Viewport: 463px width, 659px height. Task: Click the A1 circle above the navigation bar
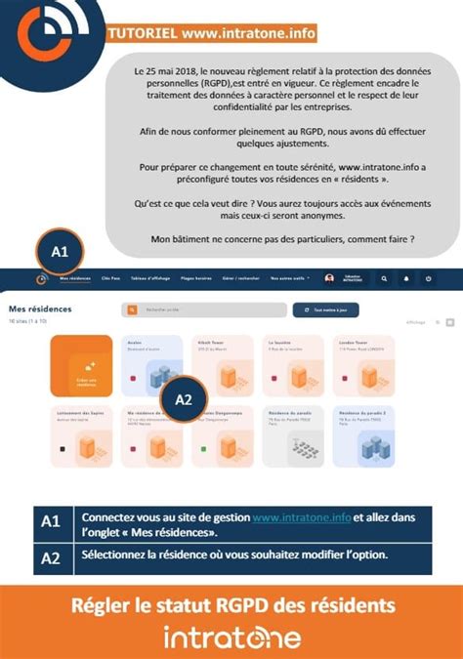pyautogui.click(x=60, y=252)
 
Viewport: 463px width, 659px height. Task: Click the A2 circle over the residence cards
pyautogui.click(x=183, y=398)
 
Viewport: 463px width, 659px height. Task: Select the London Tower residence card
pyautogui.click(x=362, y=363)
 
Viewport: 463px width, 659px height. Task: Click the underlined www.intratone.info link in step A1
pyautogui.click(x=301, y=517)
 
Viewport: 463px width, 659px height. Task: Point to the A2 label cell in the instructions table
pyautogui.click(x=52, y=557)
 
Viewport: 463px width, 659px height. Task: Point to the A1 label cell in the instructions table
pyautogui.click(x=52, y=523)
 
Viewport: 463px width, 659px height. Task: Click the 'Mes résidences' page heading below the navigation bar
pyautogui.click(x=33, y=309)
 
